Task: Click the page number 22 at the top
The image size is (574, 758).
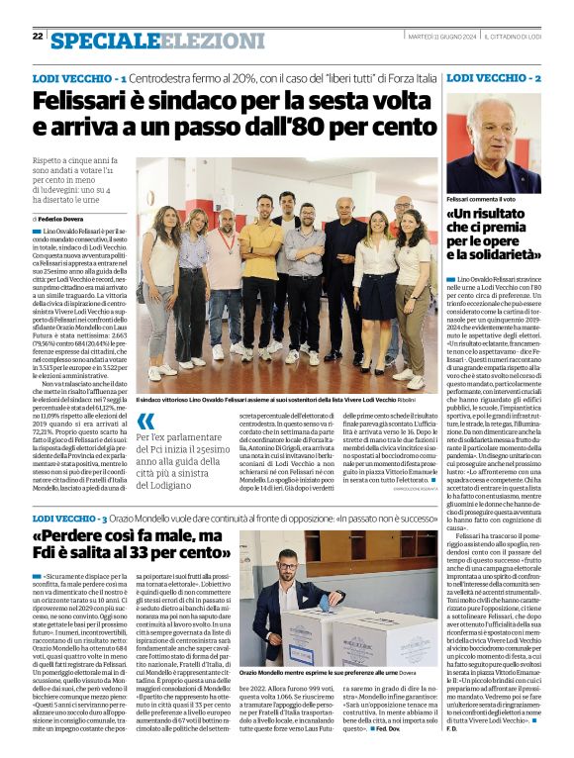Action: [38, 36]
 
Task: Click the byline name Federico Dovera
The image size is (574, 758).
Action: [65, 218]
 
